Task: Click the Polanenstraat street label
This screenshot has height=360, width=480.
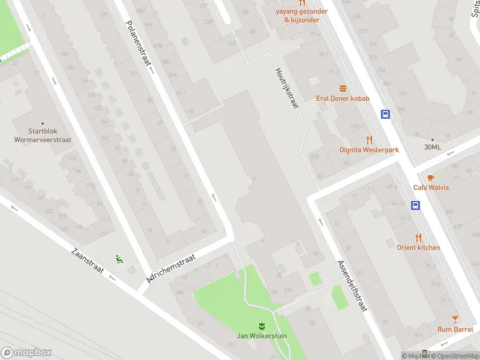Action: coord(139,46)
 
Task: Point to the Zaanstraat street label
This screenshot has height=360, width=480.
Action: coord(88,264)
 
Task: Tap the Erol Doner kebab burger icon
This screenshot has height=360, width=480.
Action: coord(343,88)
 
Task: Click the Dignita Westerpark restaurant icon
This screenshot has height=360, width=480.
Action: coord(369,139)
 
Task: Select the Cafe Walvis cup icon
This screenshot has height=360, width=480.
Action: coord(430,177)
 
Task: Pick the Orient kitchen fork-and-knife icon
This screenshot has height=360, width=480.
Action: coord(418,237)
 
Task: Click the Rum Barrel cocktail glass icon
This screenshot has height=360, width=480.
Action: coord(455,319)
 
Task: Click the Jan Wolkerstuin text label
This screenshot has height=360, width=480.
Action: coord(261,336)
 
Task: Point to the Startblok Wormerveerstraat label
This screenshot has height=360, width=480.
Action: coord(42,136)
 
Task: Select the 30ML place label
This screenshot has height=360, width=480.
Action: coord(432,147)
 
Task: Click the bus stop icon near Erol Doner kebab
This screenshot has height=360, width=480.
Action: coord(385,114)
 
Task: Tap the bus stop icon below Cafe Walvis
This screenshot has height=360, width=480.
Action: coord(415,205)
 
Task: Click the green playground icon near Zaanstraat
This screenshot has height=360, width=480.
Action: coord(119,259)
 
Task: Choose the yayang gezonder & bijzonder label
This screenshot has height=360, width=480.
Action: coord(302,16)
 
